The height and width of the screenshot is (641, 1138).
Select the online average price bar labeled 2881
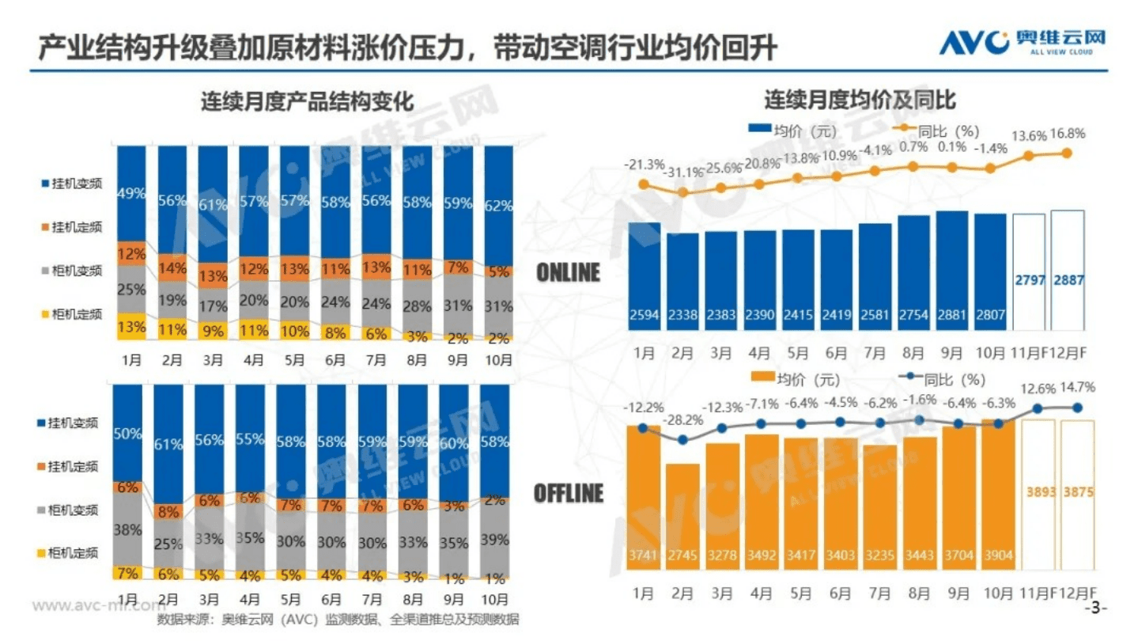951,269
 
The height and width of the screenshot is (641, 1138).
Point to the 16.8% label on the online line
1067,134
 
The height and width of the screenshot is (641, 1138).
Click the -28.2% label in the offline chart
681,419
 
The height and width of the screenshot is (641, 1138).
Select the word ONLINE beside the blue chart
569,272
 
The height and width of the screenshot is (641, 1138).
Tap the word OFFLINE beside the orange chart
568,492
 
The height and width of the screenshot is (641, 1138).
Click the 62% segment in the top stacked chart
498,206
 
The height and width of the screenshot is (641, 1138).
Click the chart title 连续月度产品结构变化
306,102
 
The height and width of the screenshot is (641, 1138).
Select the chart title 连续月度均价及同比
860,101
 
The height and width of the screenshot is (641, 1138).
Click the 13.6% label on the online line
1029,135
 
